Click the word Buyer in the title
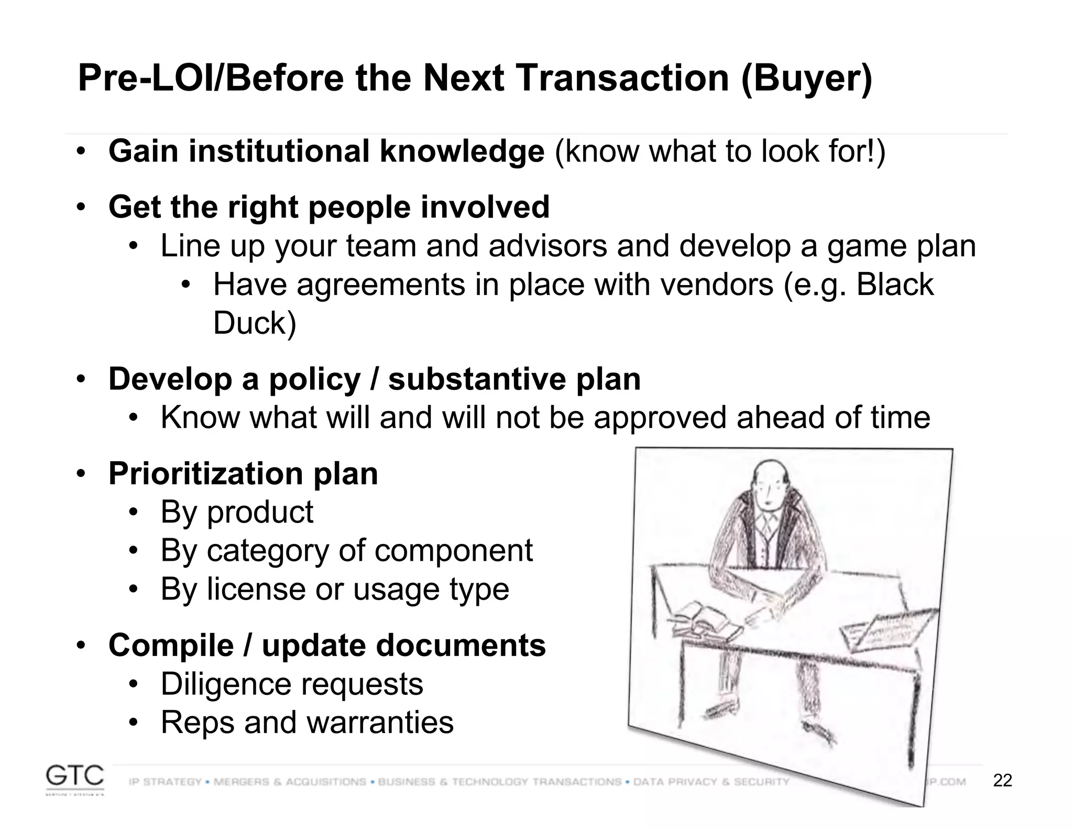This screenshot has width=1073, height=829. [x=807, y=79]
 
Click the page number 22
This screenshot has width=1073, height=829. [x=1002, y=781]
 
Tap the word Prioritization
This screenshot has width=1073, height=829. [x=205, y=474]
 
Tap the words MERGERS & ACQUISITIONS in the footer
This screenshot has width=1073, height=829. [x=290, y=782]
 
